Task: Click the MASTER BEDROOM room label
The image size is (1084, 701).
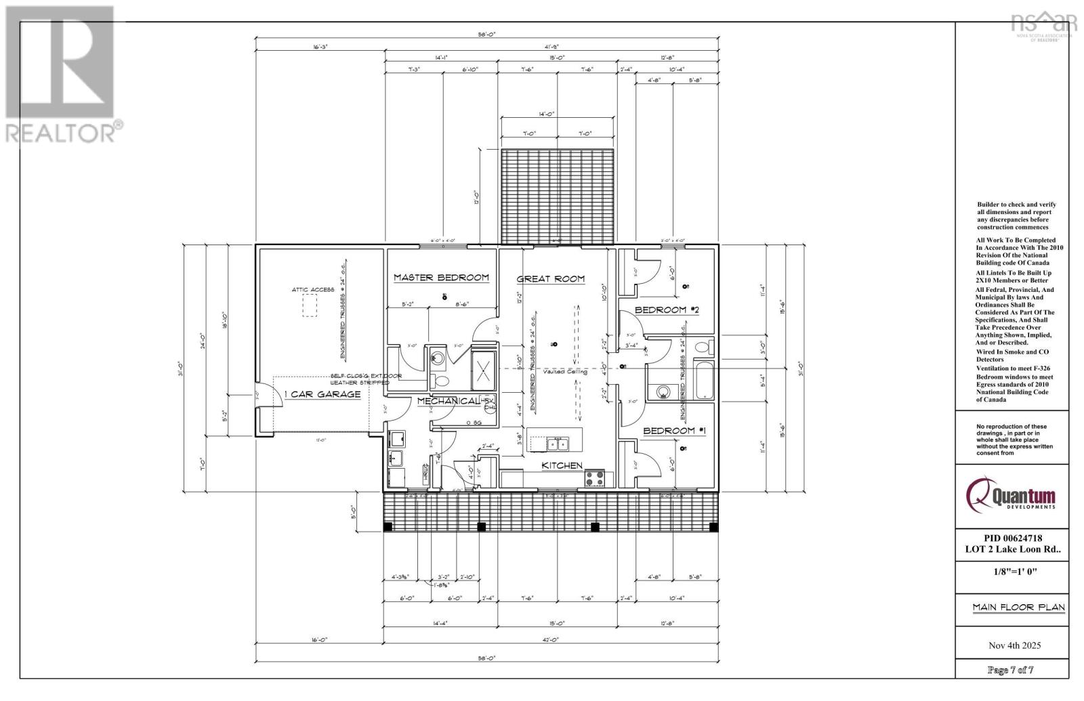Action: (x=441, y=278)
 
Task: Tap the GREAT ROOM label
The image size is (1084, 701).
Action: (x=550, y=279)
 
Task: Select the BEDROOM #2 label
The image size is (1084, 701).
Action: (x=666, y=310)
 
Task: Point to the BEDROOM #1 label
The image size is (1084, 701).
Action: (x=674, y=431)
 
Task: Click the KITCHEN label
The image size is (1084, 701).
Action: (x=562, y=465)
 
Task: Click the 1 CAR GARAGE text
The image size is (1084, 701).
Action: (x=322, y=394)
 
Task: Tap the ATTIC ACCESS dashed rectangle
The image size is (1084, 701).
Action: (x=309, y=306)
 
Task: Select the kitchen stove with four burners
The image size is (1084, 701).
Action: (x=594, y=477)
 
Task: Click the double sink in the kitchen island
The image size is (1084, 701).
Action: (x=558, y=444)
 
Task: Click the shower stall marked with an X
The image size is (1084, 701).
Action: (x=484, y=370)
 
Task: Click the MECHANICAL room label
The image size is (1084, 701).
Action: (x=449, y=401)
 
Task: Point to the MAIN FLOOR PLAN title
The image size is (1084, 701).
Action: (x=1018, y=608)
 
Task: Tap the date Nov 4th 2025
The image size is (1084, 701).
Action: (x=1014, y=645)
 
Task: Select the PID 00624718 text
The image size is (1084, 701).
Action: (x=1012, y=538)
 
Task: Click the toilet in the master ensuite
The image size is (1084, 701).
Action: (x=438, y=378)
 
